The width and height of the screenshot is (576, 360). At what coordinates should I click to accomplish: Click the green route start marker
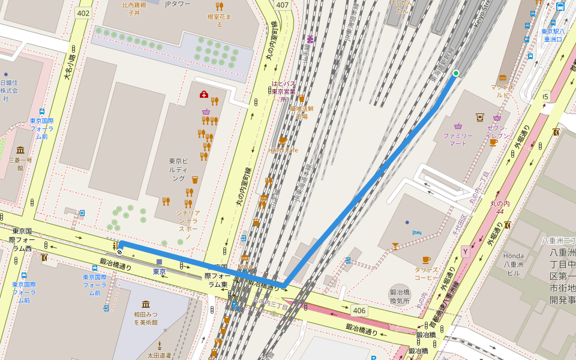(x=456, y=74)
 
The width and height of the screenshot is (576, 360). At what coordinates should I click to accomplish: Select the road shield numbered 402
(x=83, y=13)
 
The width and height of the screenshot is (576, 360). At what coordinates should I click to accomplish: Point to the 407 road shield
(x=282, y=5)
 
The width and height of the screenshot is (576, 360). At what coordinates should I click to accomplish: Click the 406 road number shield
(x=359, y=310)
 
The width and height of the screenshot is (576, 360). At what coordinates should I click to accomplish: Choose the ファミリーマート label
(x=458, y=139)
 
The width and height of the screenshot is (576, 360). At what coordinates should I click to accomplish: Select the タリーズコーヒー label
(x=426, y=274)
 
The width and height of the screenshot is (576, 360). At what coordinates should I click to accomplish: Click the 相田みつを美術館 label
(x=146, y=318)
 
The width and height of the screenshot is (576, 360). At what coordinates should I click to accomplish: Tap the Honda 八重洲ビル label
(x=514, y=259)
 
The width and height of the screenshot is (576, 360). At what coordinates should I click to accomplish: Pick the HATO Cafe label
(x=283, y=150)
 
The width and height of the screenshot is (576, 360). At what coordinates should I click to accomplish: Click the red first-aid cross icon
(x=204, y=95)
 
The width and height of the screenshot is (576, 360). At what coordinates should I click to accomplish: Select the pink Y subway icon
(x=465, y=251)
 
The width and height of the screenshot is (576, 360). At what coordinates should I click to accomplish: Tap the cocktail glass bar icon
(x=395, y=246)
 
